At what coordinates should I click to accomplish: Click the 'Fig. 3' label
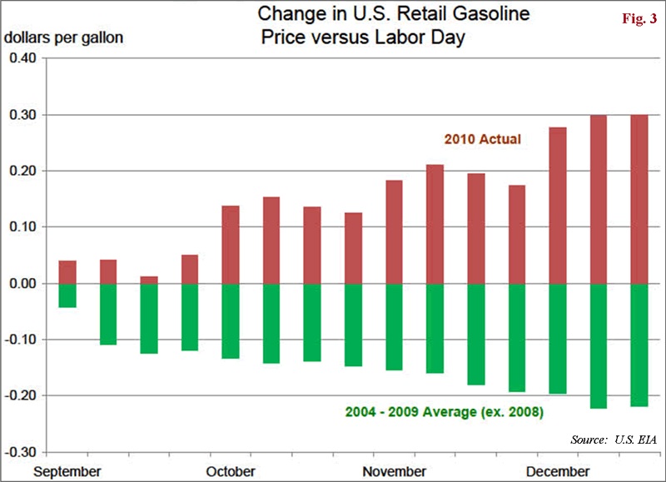click(x=639, y=18)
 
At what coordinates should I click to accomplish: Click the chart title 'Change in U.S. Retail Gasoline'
click(x=394, y=14)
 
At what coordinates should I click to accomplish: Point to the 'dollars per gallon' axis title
click(x=64, y=38)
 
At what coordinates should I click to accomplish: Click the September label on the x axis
click(x=67, y=471)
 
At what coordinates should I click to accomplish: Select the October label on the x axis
click(x=231, y=471)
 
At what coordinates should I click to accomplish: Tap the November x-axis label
click(x=394, y=471)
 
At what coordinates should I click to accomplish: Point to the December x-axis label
click(x=557, y=471)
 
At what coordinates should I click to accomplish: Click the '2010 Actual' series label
click(x=482, y=139)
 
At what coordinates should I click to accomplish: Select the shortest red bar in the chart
click(x=149, y=280)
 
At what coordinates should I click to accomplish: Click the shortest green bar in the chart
click(x=67, y=296)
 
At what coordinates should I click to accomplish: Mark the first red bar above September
click(x=67, y=272)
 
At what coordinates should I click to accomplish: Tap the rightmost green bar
click(x=639, y=345)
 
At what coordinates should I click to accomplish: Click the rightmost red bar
click(x=639, y=199)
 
